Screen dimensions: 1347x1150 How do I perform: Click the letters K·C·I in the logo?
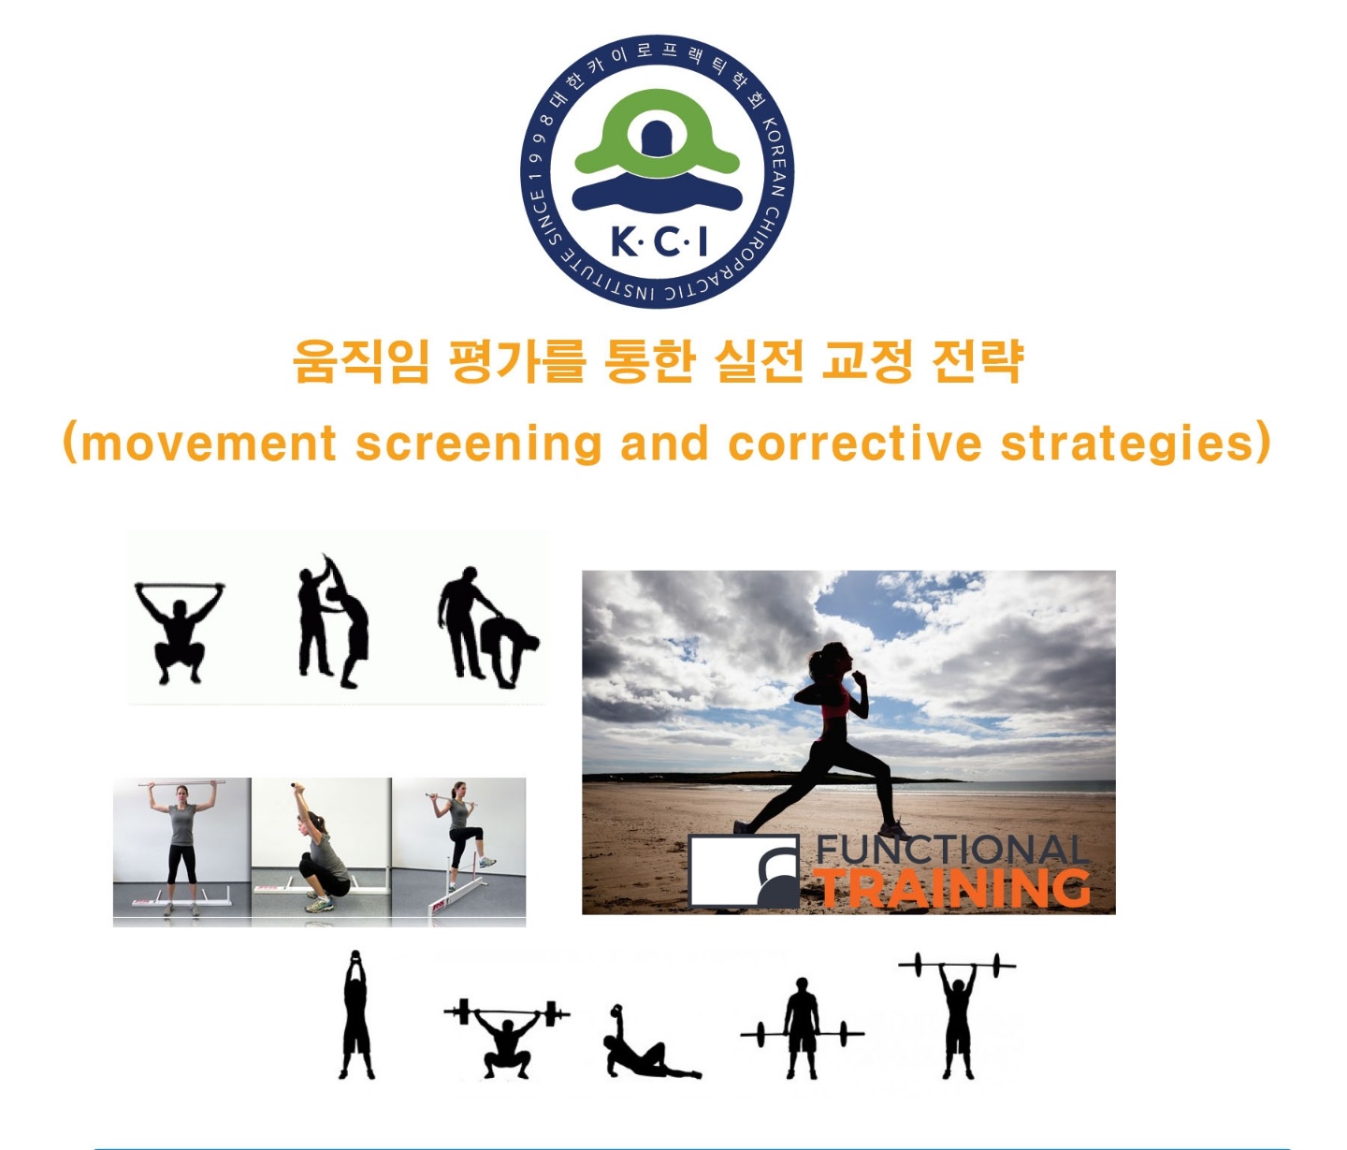[659, 242]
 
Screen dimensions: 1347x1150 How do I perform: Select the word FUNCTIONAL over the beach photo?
[952, 850]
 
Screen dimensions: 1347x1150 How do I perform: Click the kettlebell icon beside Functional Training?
[745, 871]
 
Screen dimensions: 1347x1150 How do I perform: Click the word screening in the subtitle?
[478, 444]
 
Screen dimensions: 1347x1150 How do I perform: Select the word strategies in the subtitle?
[1127, 444]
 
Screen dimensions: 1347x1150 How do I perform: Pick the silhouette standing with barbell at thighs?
[803, 1028]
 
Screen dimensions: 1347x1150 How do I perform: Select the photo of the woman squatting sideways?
[321, 849]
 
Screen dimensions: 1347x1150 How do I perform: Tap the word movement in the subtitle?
[210, 444]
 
